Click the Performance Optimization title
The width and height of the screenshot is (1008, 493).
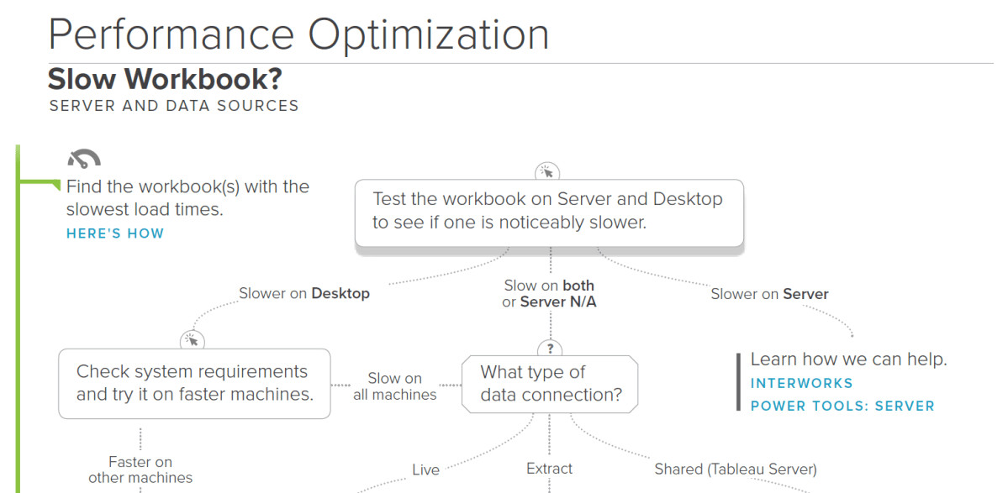pyautogui.click(x=298, y=35)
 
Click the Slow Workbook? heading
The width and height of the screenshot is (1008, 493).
pyautogui.click(x=165, y=80)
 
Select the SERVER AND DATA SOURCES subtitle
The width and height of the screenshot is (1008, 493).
pyautogui.click(x=174, y=106)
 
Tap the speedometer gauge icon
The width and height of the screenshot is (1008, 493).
pyautogui.click(x=84, y=158)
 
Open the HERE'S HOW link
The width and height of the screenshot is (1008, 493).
pyautogui.click(x=115, y=233)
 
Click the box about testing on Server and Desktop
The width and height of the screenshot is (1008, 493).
pyautogui.click(x=549, y=212)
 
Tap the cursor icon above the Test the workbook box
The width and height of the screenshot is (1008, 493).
pyautogui.click(x=547, y=172)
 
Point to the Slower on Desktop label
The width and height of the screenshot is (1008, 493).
pyautogui.click(x=304, y=293)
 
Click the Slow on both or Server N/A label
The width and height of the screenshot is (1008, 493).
pyautogui.click(x=549, y=294)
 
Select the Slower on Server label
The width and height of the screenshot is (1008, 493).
pyautogui.click(x=769, y=294)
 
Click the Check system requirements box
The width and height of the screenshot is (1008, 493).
pyautogui.click(x=194, y=383)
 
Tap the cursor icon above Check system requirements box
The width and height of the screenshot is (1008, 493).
pyautogui.click(x=192, y=340)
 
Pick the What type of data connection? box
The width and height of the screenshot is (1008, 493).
pyautogui.click(x=550, y=383)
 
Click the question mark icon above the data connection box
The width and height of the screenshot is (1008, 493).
pyautogui.click(x=550, y=348)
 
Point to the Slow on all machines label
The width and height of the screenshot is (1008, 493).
pyautogui.click(x=395, y=386)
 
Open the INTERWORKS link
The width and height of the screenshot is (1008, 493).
pyautogui.click(x=801, y=383)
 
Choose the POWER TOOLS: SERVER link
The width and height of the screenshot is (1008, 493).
pyautogui.click(x=842, y=406)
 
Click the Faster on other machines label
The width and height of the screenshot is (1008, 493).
pyautogui.click(x=140, y=469)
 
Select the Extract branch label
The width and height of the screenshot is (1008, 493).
pyautogui.click(x=549, y=469)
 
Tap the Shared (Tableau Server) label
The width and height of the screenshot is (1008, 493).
pyautogui.click(x=736, y=469)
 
